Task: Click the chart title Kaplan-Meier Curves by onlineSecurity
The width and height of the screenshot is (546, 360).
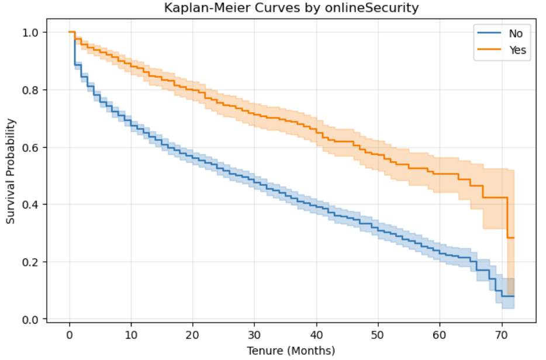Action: pos(291,8)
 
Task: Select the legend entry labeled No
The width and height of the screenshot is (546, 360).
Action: pos(516,33)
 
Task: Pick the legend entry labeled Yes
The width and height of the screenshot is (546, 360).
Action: pos(517,50)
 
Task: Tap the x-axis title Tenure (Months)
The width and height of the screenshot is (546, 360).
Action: pos(291,351)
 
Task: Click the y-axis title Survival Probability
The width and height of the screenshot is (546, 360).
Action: pos(11,171)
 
